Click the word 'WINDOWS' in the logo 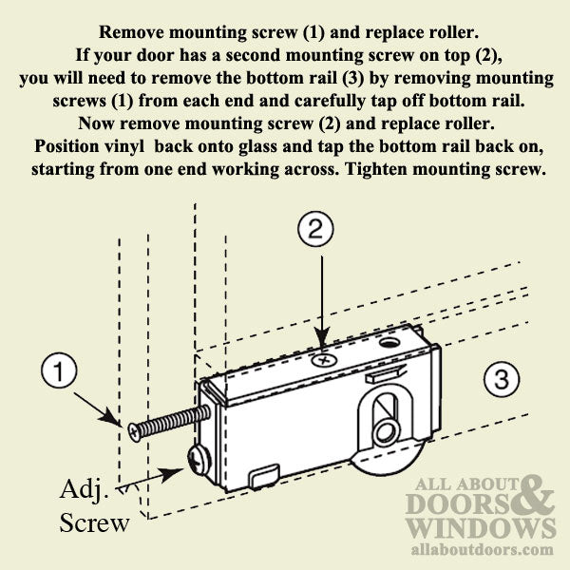(x=481, y=527)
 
